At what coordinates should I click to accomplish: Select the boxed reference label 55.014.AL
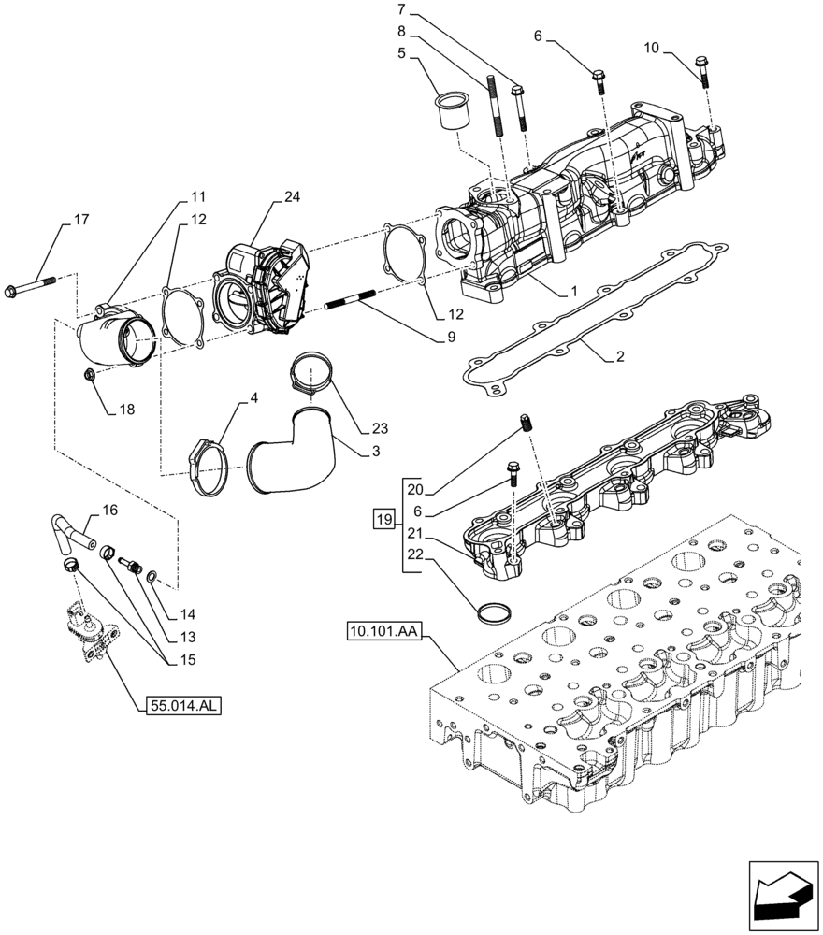[x=183, y=707]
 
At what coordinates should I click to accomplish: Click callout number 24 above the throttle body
[x=293, y=197]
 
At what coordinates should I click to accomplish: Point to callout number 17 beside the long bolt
[x=80, y=220]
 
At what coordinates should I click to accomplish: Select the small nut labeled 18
[x=90, y=375]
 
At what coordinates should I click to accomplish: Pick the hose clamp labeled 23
[x=308, y=373]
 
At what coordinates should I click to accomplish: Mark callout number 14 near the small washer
[x=188, y=615]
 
